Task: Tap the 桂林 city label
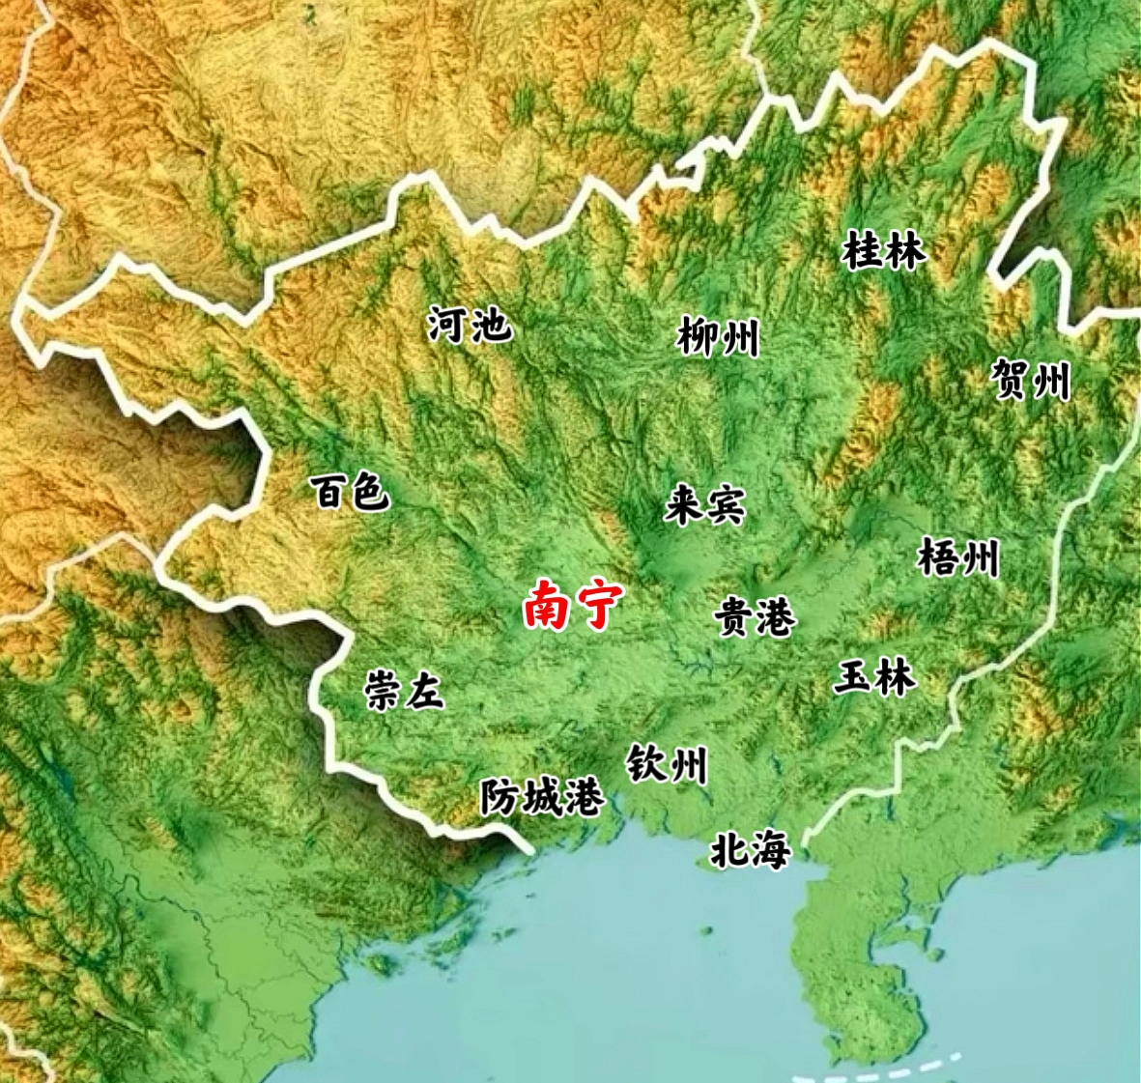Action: click(x=884, y=251)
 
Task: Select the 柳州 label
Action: click(x=718, y=338)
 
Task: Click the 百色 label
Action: click(x=350, y=493)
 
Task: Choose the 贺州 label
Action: click(x=1031, y=379)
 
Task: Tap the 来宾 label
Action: click(x=704, y=506)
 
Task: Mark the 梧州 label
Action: click(x=957, y=557)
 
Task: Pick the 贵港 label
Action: click(x=756, y=617)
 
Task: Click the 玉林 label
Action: click(x=874, y=677)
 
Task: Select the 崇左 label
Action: click(x=403, y=692)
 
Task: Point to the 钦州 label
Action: click(x=667, y=764)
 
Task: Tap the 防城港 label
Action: click(x=543, y=798)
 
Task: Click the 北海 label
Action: click(x=751, y=850)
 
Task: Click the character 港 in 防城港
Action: click(x=585, y=798)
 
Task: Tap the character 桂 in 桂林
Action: click(x=863, y=251)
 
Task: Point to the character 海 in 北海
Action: click(x=772, y=850)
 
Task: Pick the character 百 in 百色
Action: click(x=328, y=493)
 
